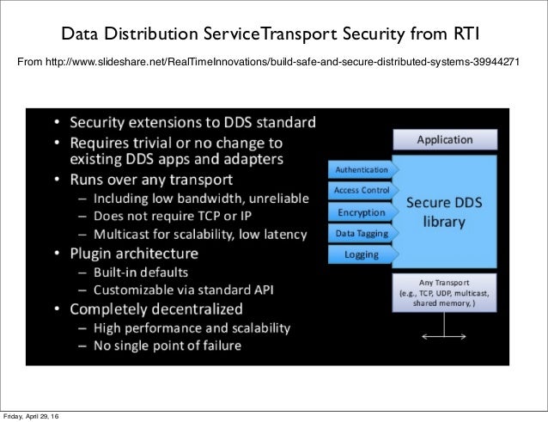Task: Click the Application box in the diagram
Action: point(444,139)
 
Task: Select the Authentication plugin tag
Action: point(362,169)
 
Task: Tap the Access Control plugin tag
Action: point(362,190)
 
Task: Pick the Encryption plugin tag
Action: point(362,211)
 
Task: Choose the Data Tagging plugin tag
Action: point(362,233)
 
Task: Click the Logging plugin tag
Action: point(362,254)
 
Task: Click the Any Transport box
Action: point(444,292)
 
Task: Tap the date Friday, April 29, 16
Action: point(31,416)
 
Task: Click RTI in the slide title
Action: point(465,35)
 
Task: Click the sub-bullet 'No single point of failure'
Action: point(167,346)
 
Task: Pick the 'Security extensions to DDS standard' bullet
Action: point(192,121)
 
